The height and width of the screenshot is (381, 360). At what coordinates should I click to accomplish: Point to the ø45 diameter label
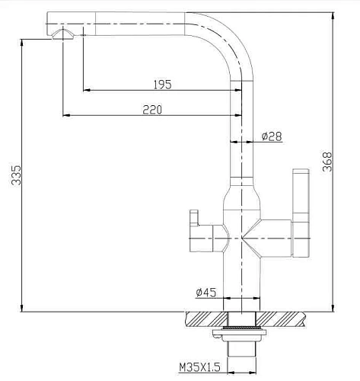coord(207,291)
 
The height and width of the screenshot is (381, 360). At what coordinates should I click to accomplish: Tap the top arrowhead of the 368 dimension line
coord(333,14)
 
